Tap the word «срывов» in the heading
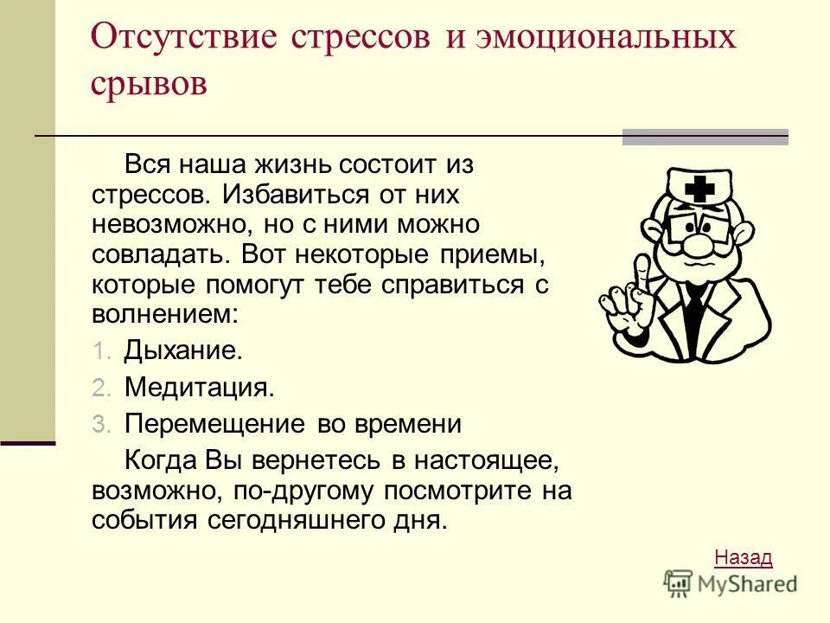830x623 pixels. pos(149,85)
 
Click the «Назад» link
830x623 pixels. pos(744,557)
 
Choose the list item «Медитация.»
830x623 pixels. pos(200,388)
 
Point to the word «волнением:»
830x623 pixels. pos(164,312)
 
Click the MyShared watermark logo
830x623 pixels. pos(731,584)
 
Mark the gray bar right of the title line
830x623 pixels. pos(705,137)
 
